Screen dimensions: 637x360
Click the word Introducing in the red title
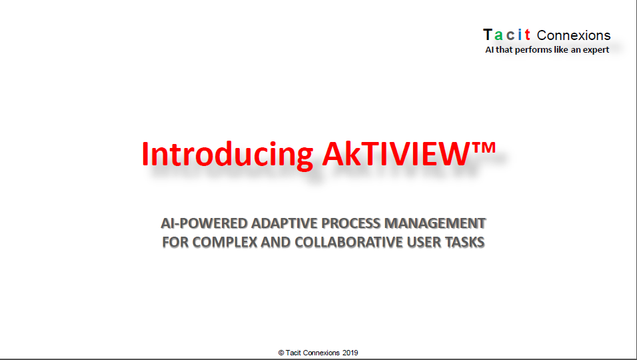click(227, 155)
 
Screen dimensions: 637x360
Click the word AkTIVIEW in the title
click(396, 153)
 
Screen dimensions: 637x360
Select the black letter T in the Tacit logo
click(488, 35)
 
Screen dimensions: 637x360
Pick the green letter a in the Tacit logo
click(498, 36)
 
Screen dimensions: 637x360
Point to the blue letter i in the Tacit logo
click(520, 35)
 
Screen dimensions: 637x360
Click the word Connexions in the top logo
click(574, 35)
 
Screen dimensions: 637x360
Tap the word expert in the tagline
click(596, 50)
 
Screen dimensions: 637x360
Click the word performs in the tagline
click(534, 49)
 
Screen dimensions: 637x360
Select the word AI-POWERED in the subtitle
click(205, 223)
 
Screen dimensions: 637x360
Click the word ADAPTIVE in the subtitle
click(284, 223)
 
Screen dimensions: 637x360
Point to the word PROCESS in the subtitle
click(351, 223)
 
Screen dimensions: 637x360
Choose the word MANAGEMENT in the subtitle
click(435, 223)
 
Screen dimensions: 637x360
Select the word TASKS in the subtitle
click(464, 242)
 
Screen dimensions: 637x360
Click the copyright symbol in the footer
click(281, 353)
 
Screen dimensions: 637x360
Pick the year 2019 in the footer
click(350, 353)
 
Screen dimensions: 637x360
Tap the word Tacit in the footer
click(293, 353)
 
